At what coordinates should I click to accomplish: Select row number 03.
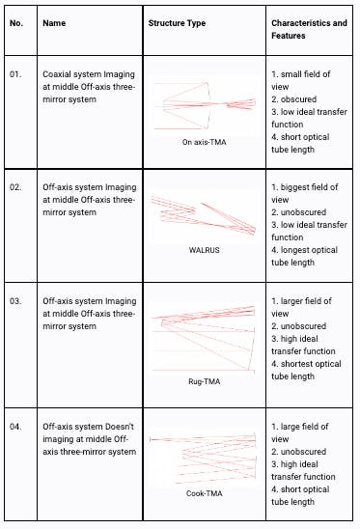pyautogui.click(x=15, y=300)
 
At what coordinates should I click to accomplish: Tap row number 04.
pyautogui.click(x=15, y=426)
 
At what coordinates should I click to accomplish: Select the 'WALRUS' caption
pyautogui.click(x=204, y=248)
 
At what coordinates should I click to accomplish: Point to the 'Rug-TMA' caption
pyautogui.click(x=204, y=380)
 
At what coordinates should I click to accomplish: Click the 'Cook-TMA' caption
pyautogui.click(x=204, y=493)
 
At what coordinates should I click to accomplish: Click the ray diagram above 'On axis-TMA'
pyautogui.click(x=204, y=105)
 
